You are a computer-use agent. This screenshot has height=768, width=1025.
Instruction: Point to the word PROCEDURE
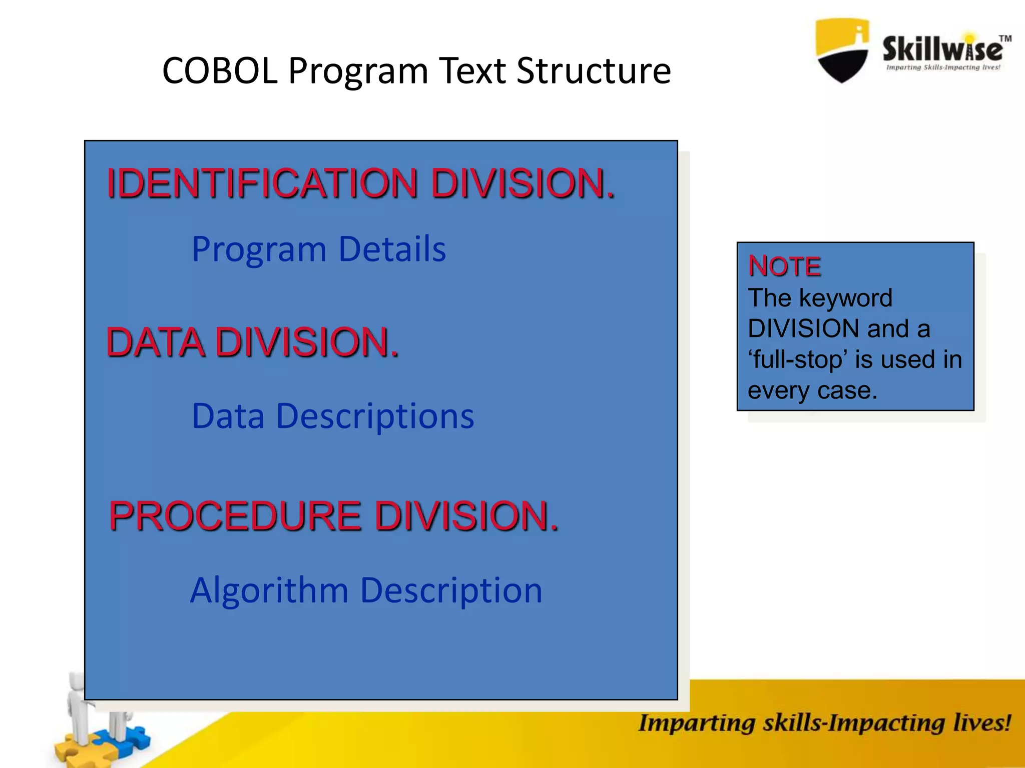pos(235,516)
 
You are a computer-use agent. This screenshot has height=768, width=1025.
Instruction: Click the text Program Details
pos(319,249)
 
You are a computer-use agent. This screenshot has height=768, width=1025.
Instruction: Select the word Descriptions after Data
pos(375,416)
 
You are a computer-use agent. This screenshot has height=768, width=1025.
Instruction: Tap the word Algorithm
pos(269,590)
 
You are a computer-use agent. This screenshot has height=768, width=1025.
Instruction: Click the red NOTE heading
pos(784,266)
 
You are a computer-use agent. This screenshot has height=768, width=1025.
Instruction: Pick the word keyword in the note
pos(845,298)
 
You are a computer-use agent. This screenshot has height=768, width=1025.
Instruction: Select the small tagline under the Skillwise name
pos(943,67)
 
